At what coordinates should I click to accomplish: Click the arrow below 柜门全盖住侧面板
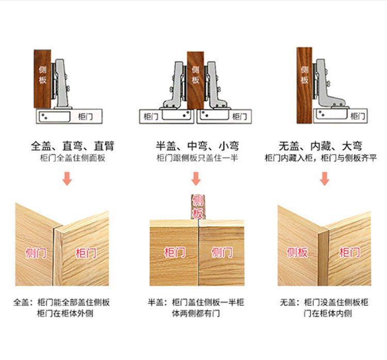tap(67, 179)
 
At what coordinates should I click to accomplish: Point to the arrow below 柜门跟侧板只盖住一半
tap(196, 179)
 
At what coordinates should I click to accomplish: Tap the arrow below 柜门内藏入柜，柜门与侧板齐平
tap(325, 179)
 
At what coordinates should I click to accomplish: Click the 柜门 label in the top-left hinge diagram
tap(86, 117)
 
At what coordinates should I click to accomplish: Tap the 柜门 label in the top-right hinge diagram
tap(357, 116)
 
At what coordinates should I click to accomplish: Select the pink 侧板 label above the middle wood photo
tap(198, 207)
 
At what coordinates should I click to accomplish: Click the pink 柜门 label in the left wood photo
tap(86, 253)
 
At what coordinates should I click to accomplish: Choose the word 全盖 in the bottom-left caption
tap(22, 302)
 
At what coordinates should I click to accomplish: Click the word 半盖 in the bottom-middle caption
tap(156, 302)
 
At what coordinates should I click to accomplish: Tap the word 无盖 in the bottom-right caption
tap(287, 302)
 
